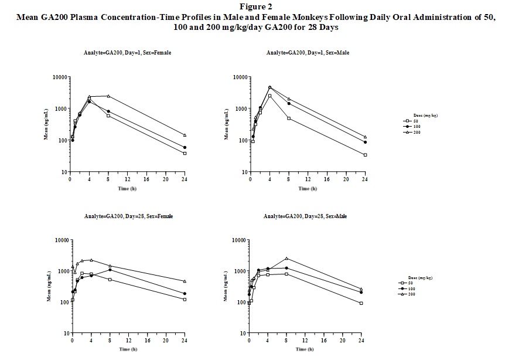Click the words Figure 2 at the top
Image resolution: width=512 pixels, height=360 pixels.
click(x=255, y=6)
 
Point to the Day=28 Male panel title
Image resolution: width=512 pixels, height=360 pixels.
click(x=305, y=216)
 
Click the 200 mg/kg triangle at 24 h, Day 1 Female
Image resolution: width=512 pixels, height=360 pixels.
click(x=185, y=135)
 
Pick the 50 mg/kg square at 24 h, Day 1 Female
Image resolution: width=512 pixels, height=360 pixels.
click(x=185, y=154)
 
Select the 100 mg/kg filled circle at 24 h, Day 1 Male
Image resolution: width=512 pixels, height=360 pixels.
click(x=366, y=142)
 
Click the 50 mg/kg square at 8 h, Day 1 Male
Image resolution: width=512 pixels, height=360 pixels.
click(x=289, y=118)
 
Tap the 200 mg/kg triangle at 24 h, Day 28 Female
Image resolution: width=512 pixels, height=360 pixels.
click(x=185, y=281)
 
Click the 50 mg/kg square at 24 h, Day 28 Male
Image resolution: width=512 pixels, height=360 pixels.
click(x=361, y=303)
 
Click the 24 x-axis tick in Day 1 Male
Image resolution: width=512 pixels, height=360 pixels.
click(x=366, y=179)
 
